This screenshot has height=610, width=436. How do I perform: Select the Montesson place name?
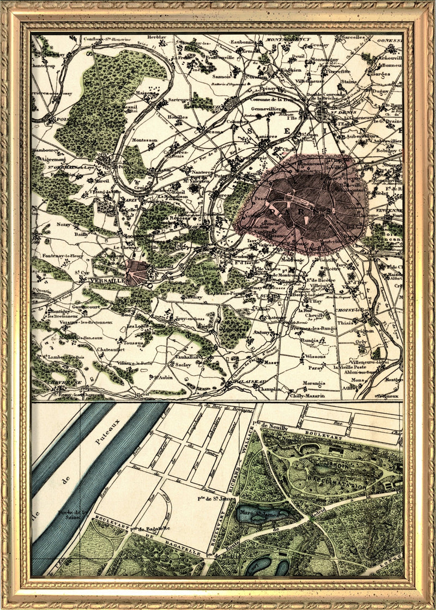(144, 140)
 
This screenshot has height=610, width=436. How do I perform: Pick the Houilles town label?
(177, 117)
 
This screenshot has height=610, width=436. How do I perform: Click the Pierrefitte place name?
(338, 71)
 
